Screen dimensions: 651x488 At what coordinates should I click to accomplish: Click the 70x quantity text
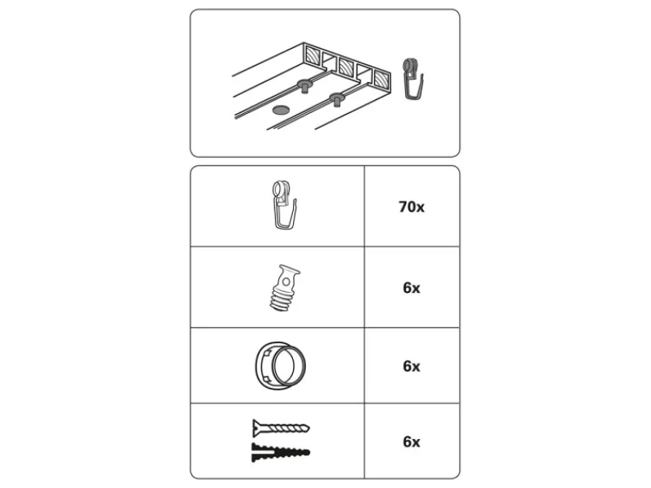pos(412,207)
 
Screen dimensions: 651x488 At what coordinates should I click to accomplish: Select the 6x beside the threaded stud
pos(412,288)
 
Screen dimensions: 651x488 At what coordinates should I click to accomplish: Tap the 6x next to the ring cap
pos(412,366)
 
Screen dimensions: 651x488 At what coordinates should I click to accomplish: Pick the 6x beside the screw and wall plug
pos(412,442)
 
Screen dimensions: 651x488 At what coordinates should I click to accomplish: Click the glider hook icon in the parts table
pos(284,205)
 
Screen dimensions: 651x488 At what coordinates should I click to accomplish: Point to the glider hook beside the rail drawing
pos(413,79)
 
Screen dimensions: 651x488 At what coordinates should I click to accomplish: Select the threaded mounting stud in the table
pos(284,288)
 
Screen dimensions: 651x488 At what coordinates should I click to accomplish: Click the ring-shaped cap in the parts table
pos(281,366)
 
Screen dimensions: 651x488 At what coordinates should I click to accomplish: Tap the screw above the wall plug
pos(281,428)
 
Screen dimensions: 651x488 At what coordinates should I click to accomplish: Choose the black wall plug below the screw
pos(281,452)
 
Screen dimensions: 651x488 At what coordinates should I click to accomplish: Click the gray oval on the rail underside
pos(281,110)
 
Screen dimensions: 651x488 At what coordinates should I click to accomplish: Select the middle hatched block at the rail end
pos(347,66)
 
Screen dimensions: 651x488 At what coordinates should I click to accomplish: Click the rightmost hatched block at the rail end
pos(382,79)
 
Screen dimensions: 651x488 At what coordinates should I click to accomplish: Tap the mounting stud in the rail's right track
pos(337,99)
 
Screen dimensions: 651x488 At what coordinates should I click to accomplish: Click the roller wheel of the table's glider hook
pos(278,189)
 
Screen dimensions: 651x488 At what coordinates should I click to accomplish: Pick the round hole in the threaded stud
pos(286,282)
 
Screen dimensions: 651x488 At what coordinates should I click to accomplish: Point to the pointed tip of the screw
pos(309,428)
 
